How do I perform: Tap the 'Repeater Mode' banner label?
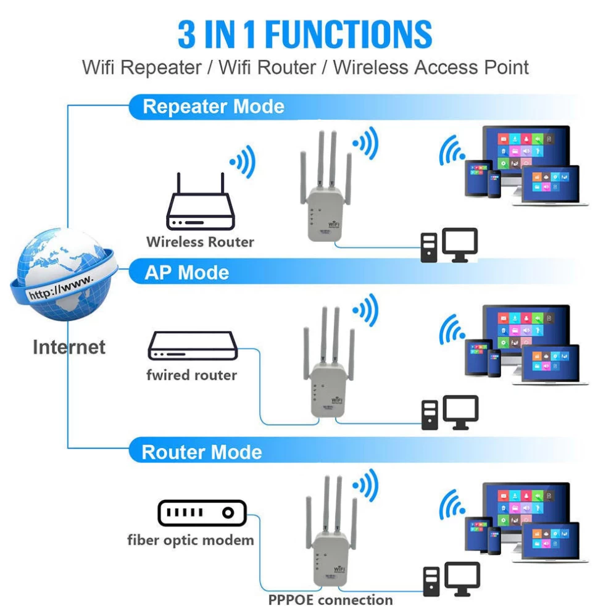click(214, 106)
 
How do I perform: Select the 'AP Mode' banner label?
click(186, 273)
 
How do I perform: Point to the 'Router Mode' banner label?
click(202, 452)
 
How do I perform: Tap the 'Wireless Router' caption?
click(200, 241)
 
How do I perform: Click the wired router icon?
click(192, 347)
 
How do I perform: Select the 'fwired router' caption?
click(191, 375)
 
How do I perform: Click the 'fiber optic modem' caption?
click(191, 540)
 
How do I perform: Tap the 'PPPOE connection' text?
click(330, 599)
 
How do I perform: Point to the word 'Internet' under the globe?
click(69, 347)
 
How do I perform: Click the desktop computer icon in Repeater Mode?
click(449, 245)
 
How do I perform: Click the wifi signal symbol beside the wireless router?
click(242, 162)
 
